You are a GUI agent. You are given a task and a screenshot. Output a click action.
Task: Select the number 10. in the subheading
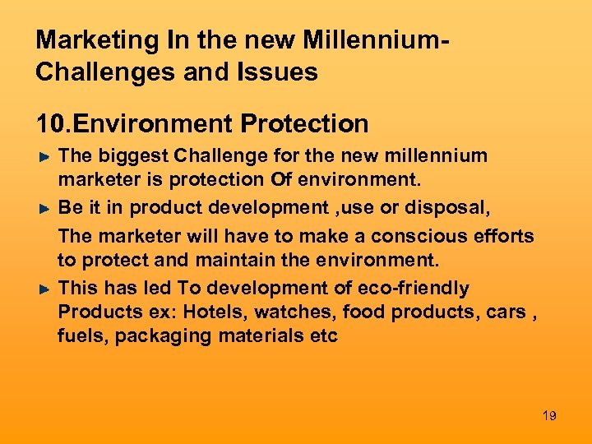(53, 124)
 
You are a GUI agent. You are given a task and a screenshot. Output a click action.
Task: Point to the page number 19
(549, 416)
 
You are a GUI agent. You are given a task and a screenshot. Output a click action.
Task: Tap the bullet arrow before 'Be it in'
(46, 209)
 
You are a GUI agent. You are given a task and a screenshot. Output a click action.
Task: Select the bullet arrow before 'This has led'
(46, 289)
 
